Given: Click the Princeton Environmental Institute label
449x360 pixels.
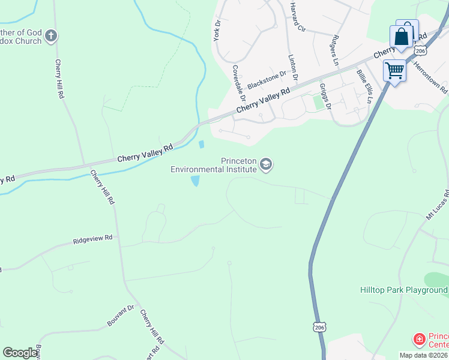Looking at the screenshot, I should [x=214, y=165].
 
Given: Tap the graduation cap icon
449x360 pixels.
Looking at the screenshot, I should [x=267, y=164].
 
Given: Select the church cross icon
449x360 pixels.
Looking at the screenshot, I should [x=51, y=36].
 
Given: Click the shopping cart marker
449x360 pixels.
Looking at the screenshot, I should [x=395, y=71].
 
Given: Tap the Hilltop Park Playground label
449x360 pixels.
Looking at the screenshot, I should [x=403, y=290].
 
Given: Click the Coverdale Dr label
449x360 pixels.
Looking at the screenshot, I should [x=238, y=82].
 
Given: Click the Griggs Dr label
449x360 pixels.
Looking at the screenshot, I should [x=328, y=98].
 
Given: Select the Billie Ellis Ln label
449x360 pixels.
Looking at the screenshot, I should [x=364, y=86].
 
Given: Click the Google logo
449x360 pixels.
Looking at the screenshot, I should [x=20, y=353].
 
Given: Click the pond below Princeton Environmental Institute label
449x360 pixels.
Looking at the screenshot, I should [x=195, y=181].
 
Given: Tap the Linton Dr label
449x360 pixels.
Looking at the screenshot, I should [x=293, y=67].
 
